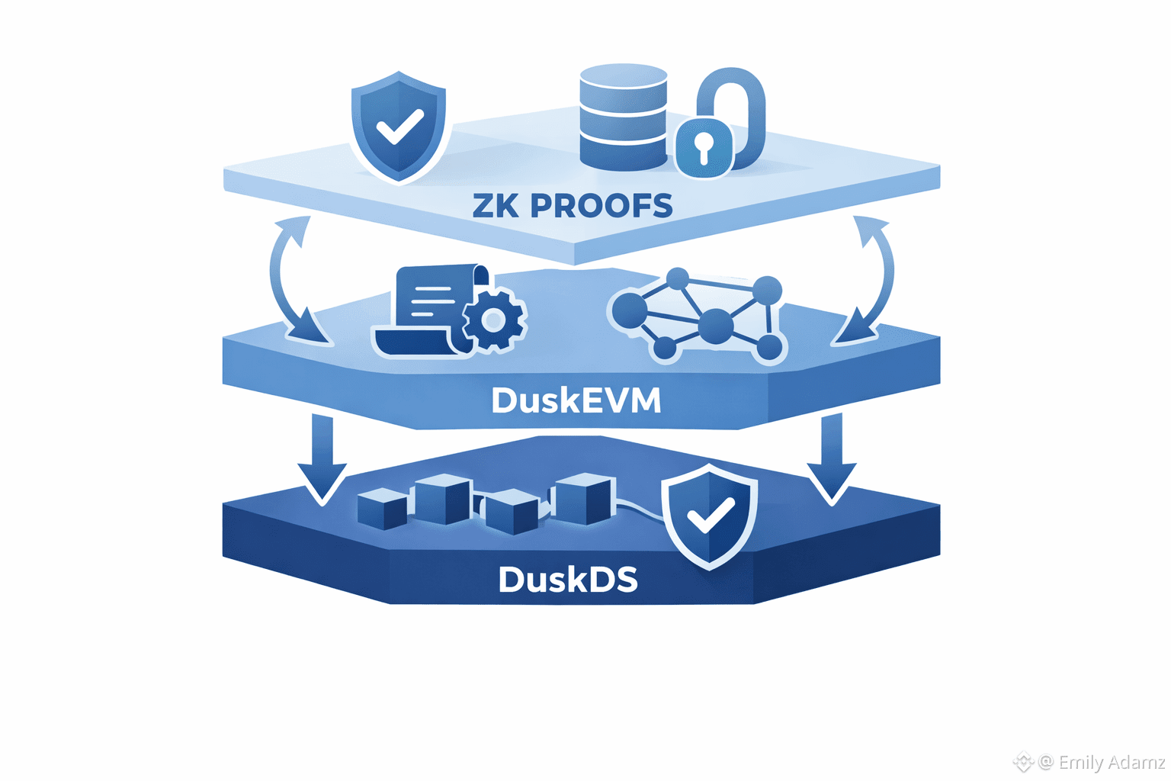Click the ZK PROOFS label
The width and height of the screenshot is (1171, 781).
click(x=573, y=206)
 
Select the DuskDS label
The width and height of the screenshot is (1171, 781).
click(x=568, y=580)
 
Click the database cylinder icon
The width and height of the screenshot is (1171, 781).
click(x=624, y=116)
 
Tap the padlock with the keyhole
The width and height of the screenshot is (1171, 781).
click(x=704, y=146)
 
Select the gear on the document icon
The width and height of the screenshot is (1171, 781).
click(x=494, y=320)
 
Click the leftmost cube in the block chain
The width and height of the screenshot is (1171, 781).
click(x=382, y=509)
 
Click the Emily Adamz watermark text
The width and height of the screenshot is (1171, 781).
click(x=1111, y=762)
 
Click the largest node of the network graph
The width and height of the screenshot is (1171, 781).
click(x=715, y=326)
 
